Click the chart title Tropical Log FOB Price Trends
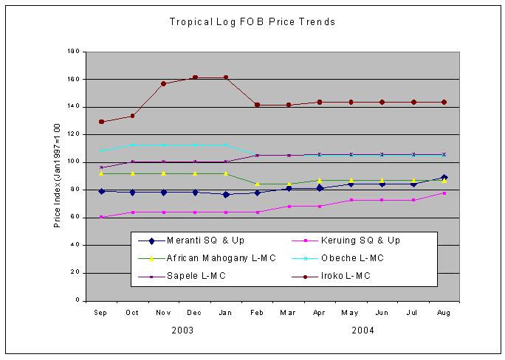(x=252, y=22)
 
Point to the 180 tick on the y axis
(x=73, y=52)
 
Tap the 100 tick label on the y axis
(x=73, y=162)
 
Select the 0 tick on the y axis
(x=76, y=300)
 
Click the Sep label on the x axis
(x=101, y=313)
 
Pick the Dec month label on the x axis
(x=195, y=313)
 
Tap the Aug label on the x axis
(x=444, y=313)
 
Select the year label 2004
(x=362, y=330)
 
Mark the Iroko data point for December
(x=195, y=77)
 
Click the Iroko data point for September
(x=101, y=122)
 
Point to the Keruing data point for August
(x=444, y=193)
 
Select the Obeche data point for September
(x=101, y=150)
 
